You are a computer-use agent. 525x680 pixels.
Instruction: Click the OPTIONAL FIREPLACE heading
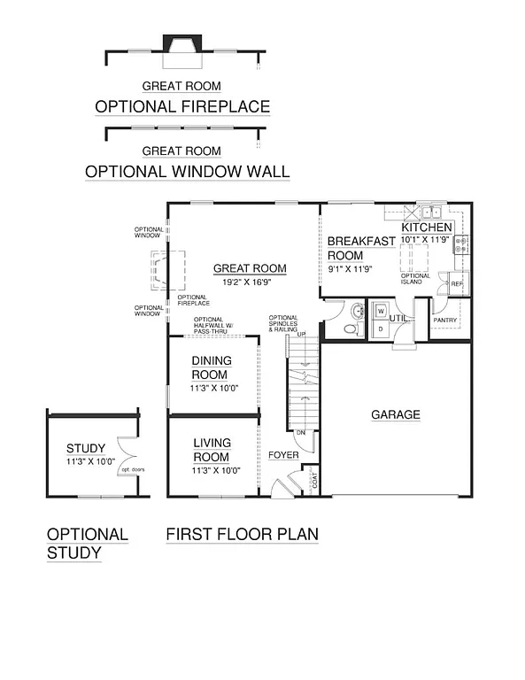181,107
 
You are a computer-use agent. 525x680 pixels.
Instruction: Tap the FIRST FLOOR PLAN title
242,535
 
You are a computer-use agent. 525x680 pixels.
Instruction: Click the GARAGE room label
395,414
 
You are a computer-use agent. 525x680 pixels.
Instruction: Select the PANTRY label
444,321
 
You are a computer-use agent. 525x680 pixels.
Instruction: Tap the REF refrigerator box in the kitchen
457,284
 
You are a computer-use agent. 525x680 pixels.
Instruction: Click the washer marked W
381,312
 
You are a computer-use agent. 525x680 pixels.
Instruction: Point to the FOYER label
283,455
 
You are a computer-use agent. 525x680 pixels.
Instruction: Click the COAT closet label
313,482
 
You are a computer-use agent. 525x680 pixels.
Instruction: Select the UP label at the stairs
300,334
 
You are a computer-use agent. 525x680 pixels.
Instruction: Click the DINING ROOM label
211,367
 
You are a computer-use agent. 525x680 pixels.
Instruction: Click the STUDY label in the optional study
86,448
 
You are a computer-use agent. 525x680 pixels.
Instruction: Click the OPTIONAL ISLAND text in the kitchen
416,279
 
